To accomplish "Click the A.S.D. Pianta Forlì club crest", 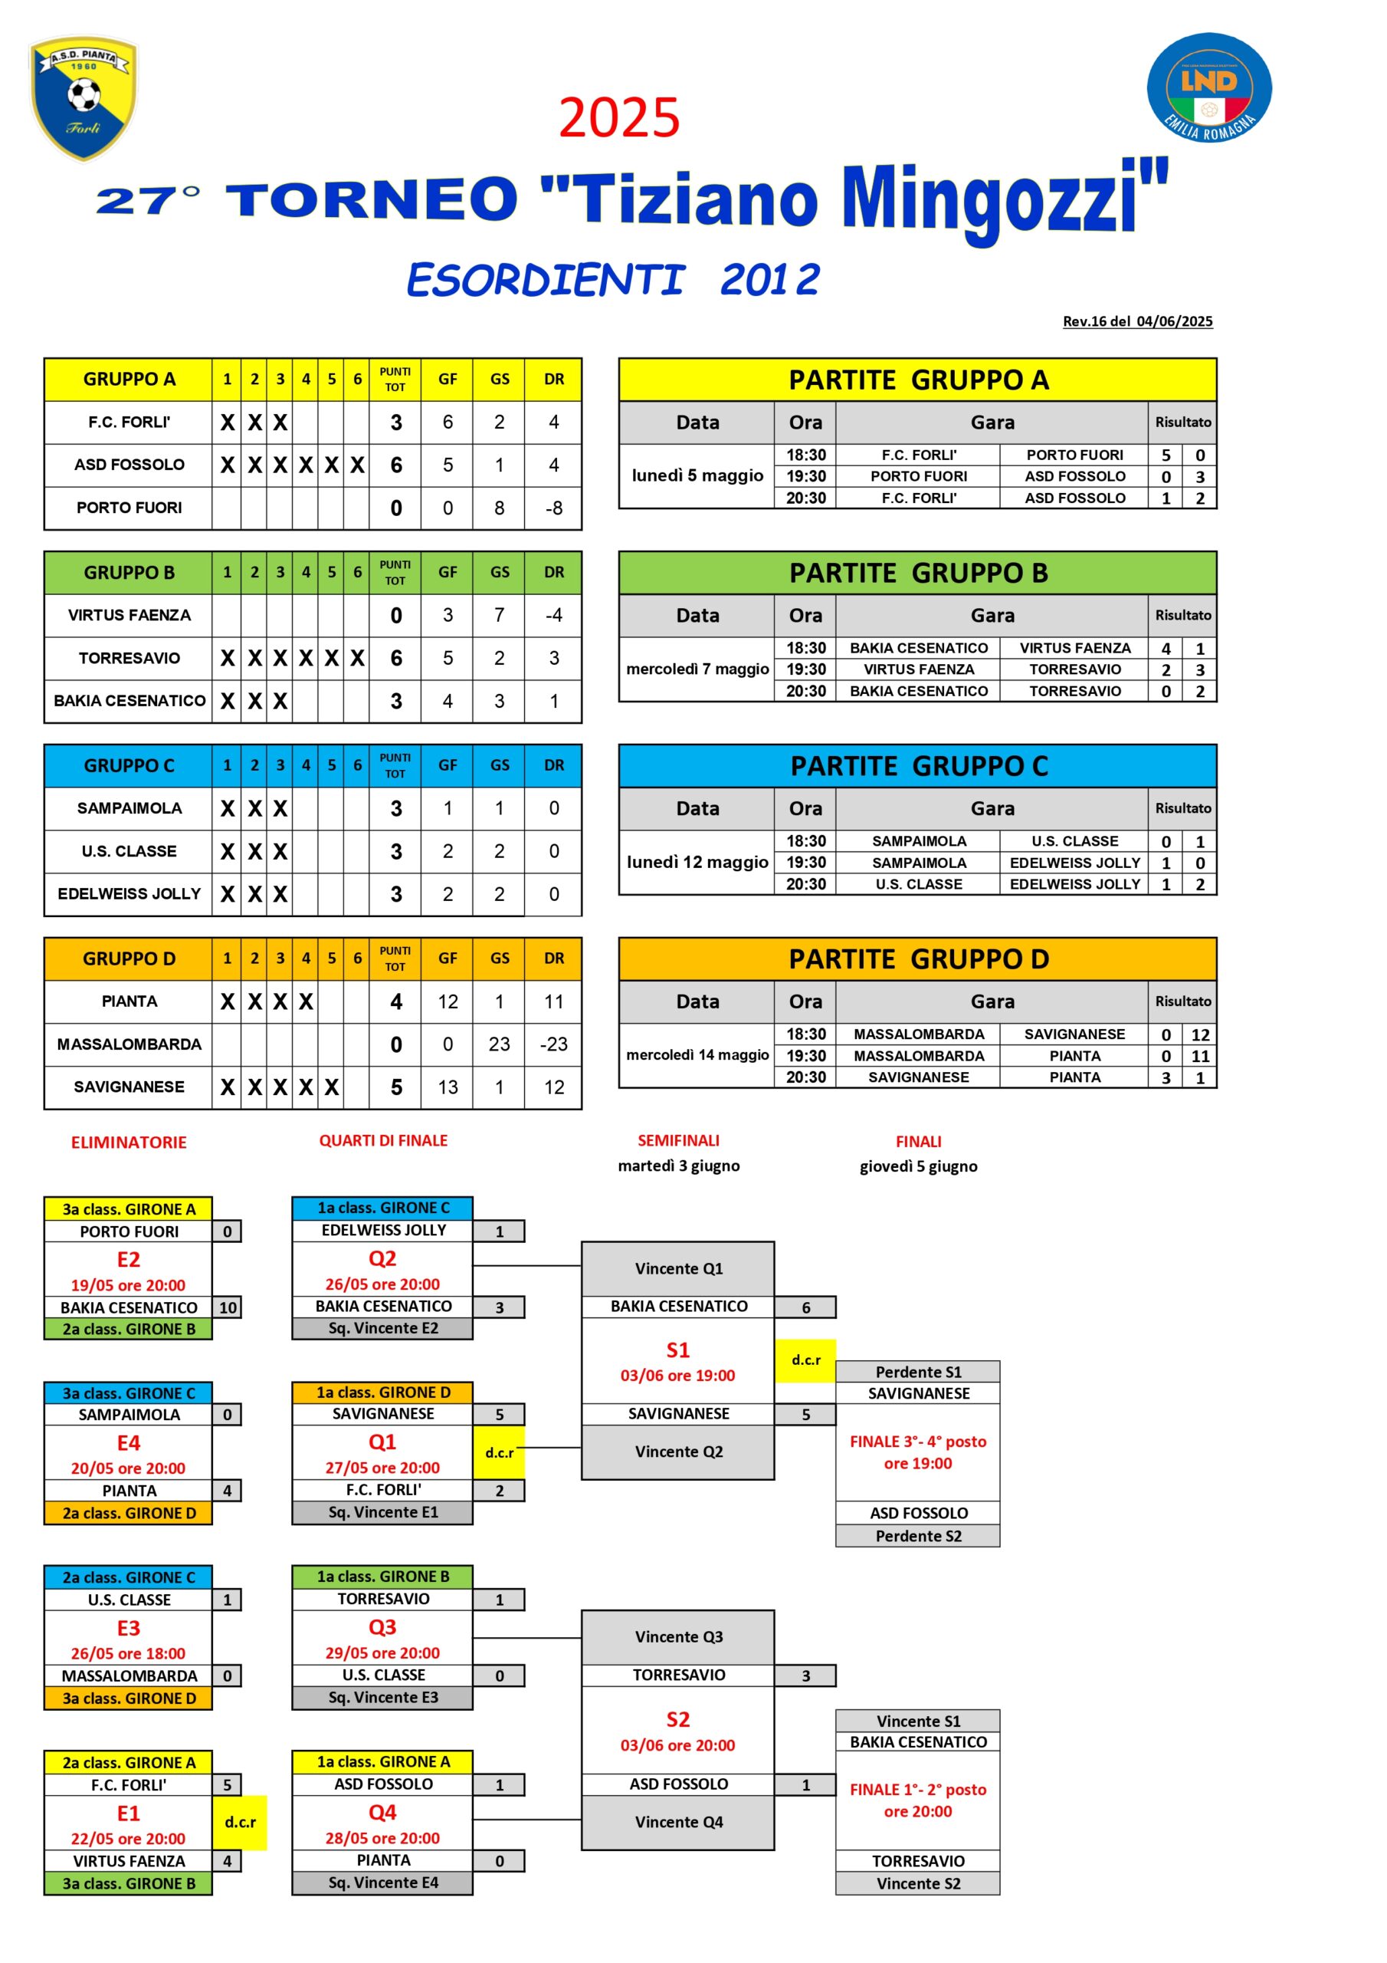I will tap(84, 97).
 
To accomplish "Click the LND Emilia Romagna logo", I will tap(1208, 87).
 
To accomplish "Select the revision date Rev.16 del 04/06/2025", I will tap(1136, 321).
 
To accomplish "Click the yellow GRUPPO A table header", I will tap(129, 380).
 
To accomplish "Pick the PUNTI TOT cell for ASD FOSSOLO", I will tap(395, 465).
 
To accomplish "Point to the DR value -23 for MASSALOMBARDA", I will tap(553, 1044).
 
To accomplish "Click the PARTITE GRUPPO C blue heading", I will tap(918, 766).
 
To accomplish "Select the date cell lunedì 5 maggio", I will tap(697, 475).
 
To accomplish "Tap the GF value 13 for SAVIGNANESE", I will tap(448, 1087).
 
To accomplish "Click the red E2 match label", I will tap(128, 1258).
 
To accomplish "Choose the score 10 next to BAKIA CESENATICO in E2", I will tap(228, 1307).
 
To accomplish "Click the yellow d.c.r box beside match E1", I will tap(240, 1822).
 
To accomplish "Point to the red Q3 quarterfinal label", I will tap(382, 1627).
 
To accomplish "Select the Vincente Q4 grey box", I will tap(678, 1822).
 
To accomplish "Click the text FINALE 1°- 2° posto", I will tap(918, 1790).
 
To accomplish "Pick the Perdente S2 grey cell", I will tap(918, 1536).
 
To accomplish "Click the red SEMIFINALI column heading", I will tap(678, 1140).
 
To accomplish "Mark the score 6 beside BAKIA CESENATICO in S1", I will tap(805, 1307).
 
